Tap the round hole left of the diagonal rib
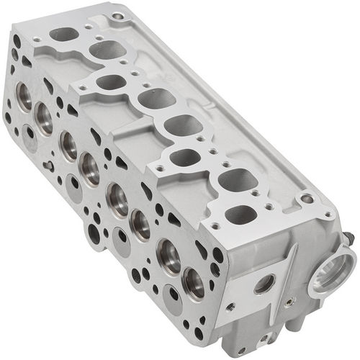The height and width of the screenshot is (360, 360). (264, 284)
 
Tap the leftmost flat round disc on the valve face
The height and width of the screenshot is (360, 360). (30, 133)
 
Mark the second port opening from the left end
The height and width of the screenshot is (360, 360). (107, 50)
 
